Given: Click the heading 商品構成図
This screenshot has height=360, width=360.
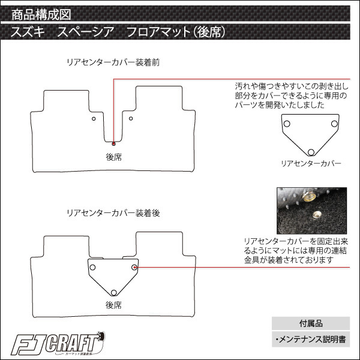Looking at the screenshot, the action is pyautogui.click(x=41, y=14).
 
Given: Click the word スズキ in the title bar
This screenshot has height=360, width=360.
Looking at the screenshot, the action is pyautogui.click(x=28, y=32).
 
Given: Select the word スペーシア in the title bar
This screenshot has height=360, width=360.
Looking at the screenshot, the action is pyautogui.click(x=86, y=32).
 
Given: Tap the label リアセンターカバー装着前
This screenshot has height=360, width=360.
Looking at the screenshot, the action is pyautogui.click(x=113, y=62).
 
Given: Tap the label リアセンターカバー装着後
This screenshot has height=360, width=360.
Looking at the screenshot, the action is pyautogui.click(x=113, y=213).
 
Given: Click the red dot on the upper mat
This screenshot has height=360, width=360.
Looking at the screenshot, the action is pyautogui.click(x=113, y=144).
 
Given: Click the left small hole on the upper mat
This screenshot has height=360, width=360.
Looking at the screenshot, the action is pyautogui.click(x=94, y=119).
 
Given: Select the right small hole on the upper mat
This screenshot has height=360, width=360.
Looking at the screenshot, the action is pyautogui.click(x=131, y=118).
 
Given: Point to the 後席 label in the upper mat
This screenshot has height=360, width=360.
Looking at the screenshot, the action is pyautogui.click(x=113, y=157).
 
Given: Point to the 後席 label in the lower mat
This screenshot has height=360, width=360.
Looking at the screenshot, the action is pyautogui.click(x=113, y=305).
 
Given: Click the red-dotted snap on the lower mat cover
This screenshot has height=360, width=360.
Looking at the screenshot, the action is pyautogui.click(x=134, y=267).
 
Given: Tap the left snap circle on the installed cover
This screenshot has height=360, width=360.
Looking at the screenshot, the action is pyautogui.click(x=92, y=267).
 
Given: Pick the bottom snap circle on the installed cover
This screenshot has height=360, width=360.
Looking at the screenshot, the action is pyautogui.click(x=113, y=293).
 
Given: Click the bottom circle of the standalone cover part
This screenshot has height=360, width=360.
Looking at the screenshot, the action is pyautogui.click(x=311, y=152).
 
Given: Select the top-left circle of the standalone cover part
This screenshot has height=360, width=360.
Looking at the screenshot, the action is pyautogui.click(x=287, y=124).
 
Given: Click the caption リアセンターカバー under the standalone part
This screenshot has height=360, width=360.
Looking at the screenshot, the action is pyautogui.click(x=311, y=163).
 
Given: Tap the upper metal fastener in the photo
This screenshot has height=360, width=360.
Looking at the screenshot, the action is pyautogui.click(x=309, y=197).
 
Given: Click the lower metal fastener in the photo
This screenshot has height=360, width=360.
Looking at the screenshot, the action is pyautogui.click(x=317, y=215).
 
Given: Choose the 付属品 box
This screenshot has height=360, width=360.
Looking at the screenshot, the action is pyautogui.click(x=311, y=323).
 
